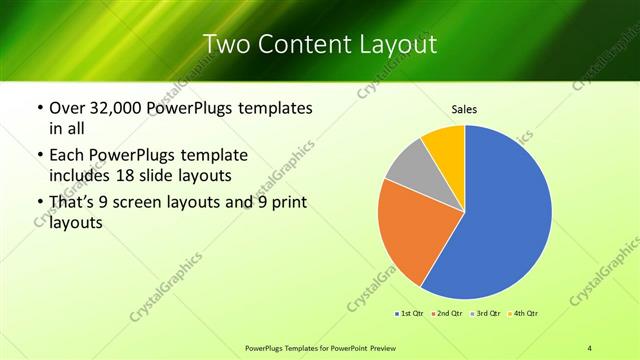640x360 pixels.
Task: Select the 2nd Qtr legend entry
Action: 446,314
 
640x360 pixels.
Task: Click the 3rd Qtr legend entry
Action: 484,314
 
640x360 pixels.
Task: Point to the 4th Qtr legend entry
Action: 521,314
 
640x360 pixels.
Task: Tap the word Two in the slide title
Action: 226,44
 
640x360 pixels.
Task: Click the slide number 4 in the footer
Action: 590,347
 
